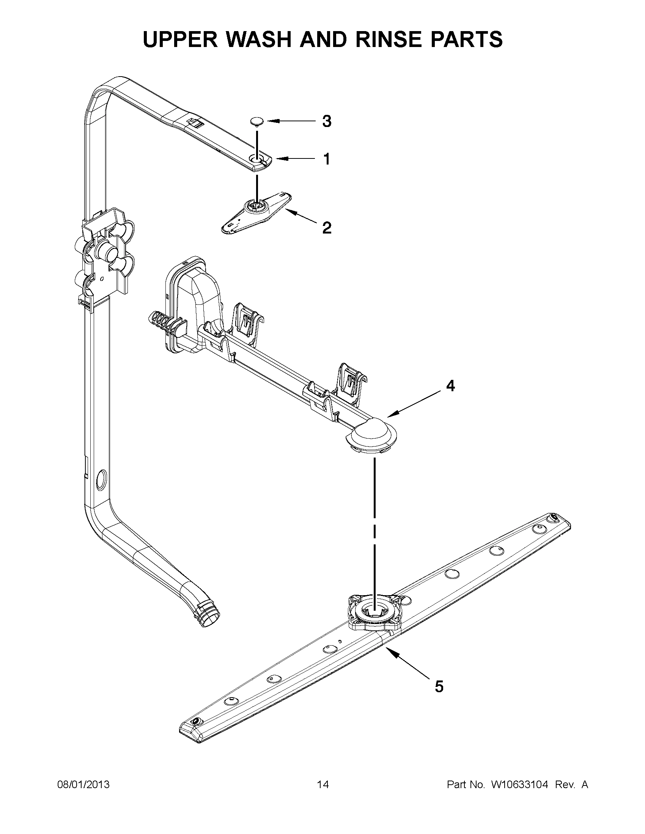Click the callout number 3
pyautogui.click(x=327, y=121)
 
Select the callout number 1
pyautogui.click(x=327, y=159)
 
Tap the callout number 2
pyautogui.click(x=327, y=228)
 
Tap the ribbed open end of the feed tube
pyautogui.click(x=209, y=618)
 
